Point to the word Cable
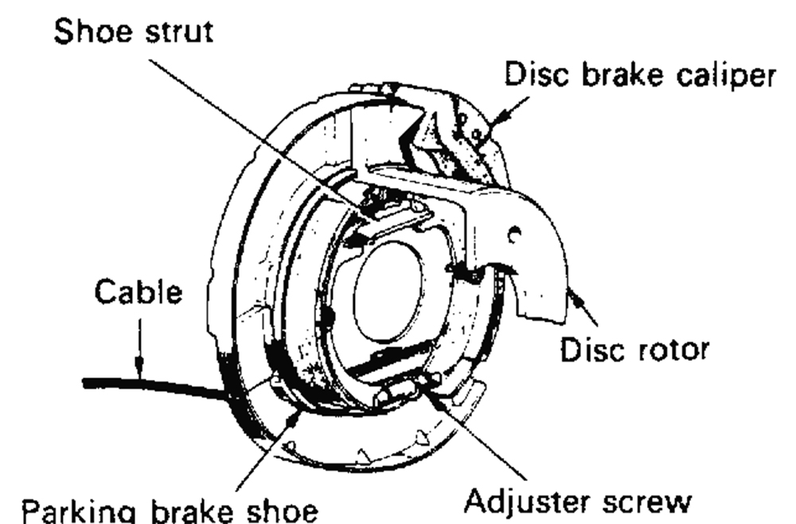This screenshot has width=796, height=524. [138, 292]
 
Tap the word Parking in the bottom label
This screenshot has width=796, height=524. [75, 507]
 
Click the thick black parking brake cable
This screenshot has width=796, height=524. [151, 385]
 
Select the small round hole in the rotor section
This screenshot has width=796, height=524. [515, 235]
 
